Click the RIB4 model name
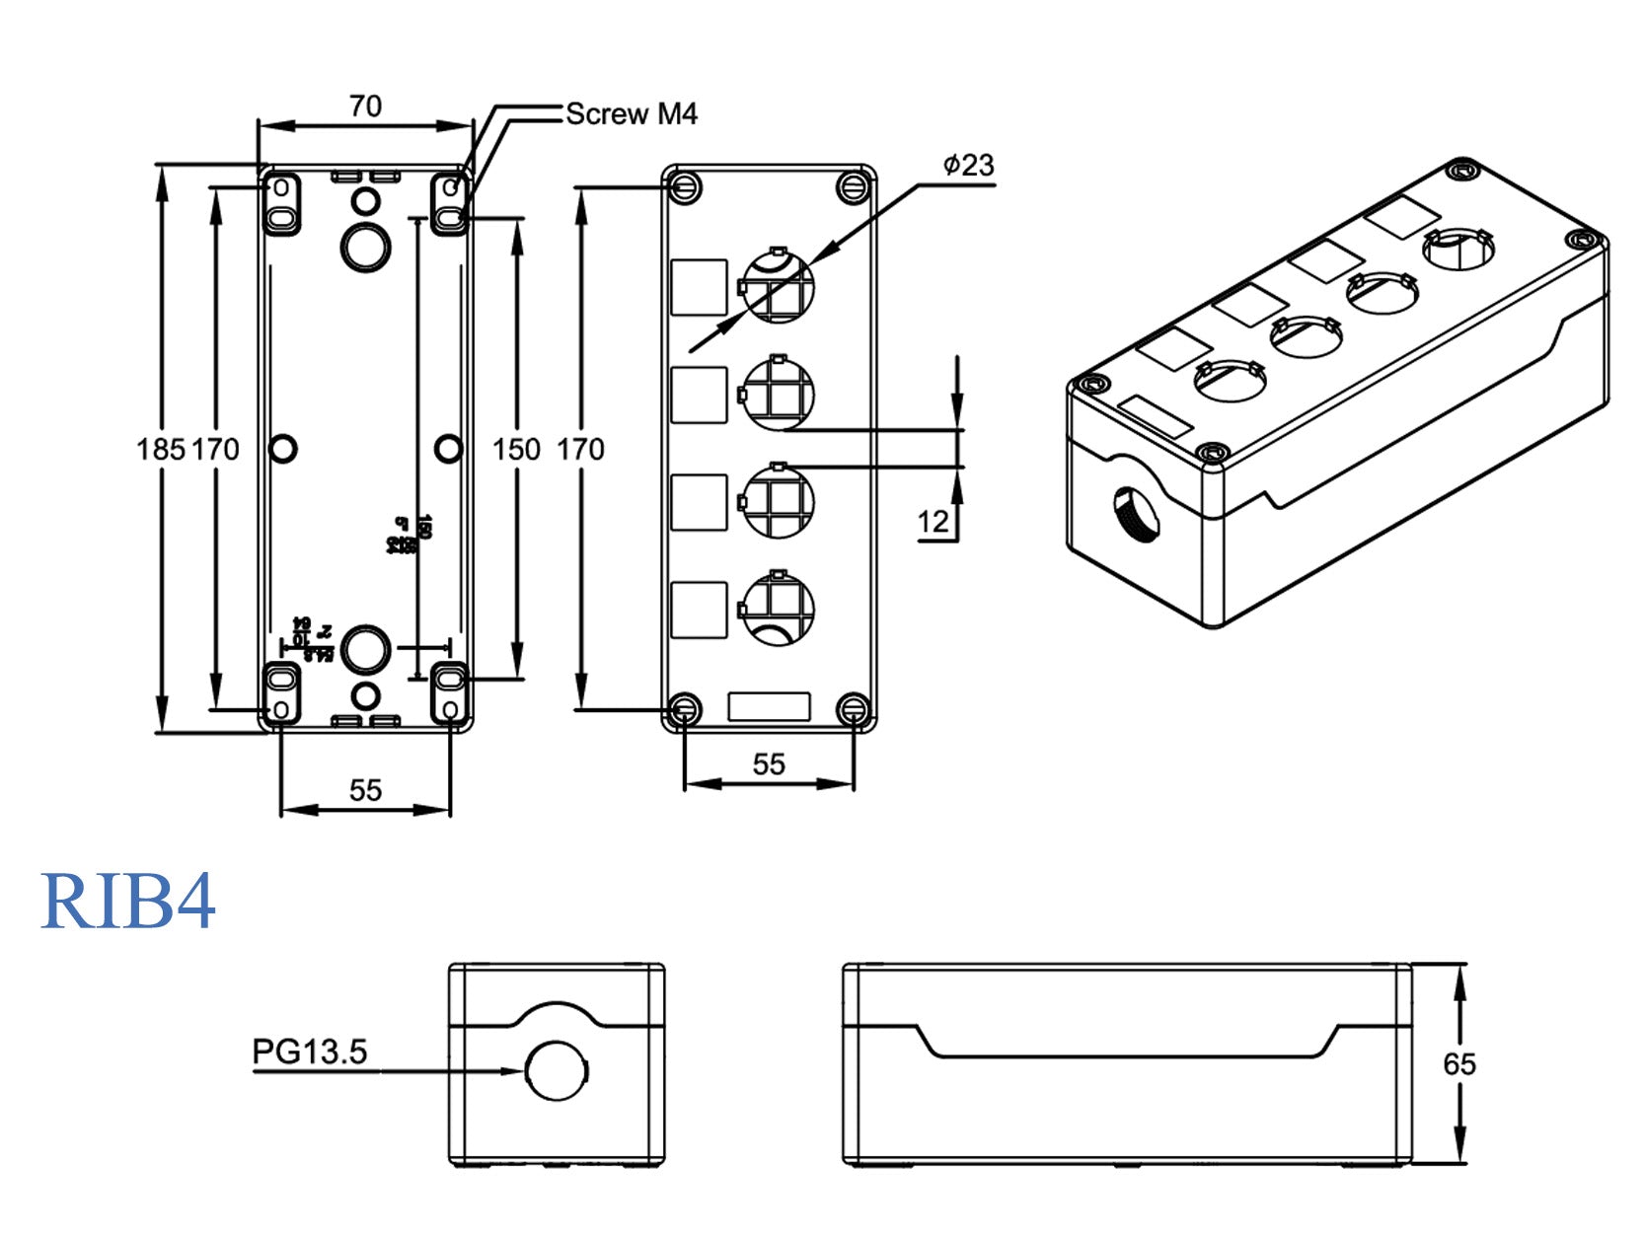click(127, 902)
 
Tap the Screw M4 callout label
click(632, 114)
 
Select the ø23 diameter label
click(968, 165)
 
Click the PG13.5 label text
click(310, 1052)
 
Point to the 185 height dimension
click(160, 450)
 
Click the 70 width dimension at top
click(365, 107)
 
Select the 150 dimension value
click(516, 450)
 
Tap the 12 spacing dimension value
click(933, 522)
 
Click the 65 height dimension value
click(1458, 1064)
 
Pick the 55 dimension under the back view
click(365, 790)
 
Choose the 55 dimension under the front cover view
click(769, 764)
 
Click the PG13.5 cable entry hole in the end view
click(557, 1071)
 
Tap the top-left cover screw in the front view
click(685, 186)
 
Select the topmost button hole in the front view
click(779, 286)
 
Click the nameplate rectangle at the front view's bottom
click(769, 707)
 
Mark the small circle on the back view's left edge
click(283, 449)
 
